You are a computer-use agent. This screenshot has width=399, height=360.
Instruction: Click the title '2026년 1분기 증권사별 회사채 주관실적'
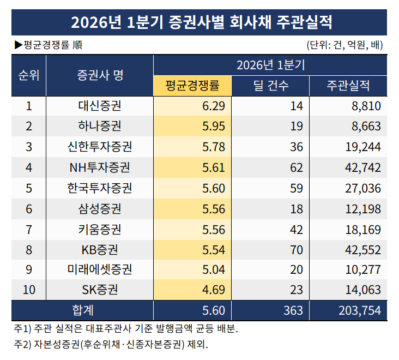[x=199, y=22]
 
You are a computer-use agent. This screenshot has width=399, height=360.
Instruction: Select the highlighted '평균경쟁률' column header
[x=192, y=86]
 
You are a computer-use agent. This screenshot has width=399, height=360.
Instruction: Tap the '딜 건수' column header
[x=271, y=86]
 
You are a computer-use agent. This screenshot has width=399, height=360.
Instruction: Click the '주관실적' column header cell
[x=348, y=86]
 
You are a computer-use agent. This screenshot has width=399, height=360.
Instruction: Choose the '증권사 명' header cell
[x=100, y=75]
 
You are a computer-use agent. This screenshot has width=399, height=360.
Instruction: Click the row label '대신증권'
[x=100, y=106]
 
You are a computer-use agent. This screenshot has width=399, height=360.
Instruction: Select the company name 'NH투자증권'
[x=100, y=167]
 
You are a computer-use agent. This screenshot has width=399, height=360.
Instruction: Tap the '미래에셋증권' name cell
[x=100, y=269]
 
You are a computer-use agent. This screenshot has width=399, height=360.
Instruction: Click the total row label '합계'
[x=83, y=310]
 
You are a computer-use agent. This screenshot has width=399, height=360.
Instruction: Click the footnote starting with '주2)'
[x=111, y=345]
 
